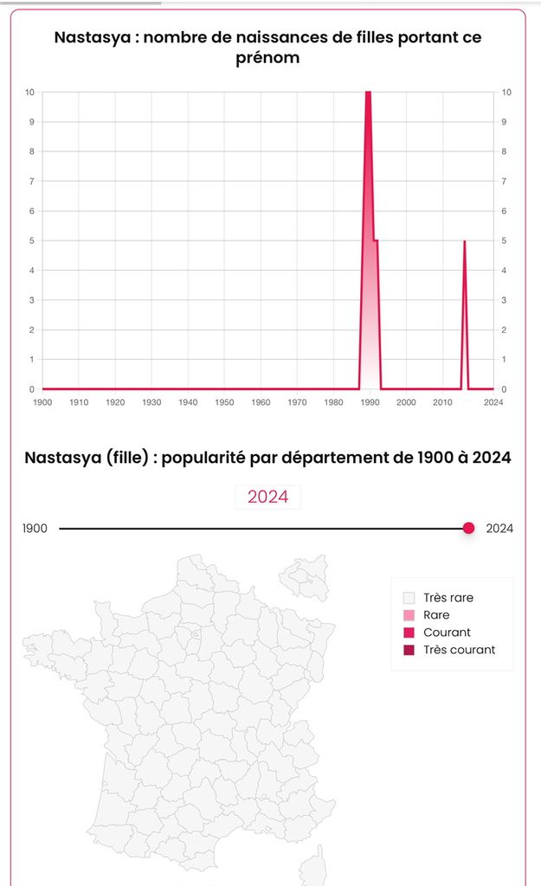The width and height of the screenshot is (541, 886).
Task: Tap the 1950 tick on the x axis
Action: point(224,402)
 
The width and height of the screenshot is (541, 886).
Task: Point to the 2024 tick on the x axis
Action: point(493,402)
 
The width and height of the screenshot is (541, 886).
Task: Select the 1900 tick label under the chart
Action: point(42,402)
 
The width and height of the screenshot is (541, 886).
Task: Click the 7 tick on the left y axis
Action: point(31,181)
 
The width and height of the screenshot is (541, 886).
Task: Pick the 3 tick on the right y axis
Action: point(505,300)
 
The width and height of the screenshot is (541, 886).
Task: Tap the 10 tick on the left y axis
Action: point(30,93)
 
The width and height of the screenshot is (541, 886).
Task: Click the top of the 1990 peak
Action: point(368,93)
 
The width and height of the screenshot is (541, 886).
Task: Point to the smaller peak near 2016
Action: point(465,242)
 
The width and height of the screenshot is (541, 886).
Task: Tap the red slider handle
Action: point(468,529)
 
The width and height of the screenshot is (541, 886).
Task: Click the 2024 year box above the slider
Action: point(268,497)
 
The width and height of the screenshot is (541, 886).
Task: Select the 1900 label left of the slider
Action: point(35,529)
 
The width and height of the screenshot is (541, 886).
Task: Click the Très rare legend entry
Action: point(448,598)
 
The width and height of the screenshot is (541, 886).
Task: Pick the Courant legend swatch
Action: point(409,632)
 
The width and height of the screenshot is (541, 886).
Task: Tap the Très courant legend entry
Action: point(460,650)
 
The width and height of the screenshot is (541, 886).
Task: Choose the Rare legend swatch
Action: point(409,615)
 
